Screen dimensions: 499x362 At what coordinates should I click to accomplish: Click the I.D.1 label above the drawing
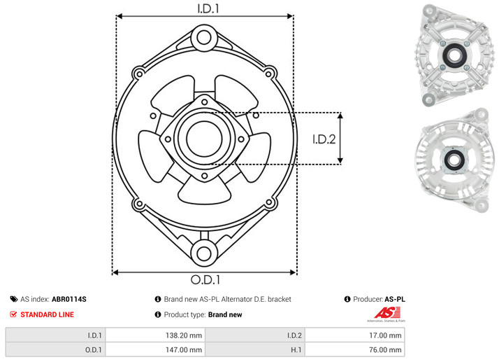click(208, 8)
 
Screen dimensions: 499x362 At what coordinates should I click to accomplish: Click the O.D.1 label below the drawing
click(205, 279)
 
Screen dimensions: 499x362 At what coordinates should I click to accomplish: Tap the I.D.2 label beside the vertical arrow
click(324, 139)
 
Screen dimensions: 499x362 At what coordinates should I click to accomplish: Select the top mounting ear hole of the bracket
click(204, 37)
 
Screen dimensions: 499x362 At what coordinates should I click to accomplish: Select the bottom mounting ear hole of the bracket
click(204, 253)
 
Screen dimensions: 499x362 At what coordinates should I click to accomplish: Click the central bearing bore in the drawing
click(204, 139)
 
